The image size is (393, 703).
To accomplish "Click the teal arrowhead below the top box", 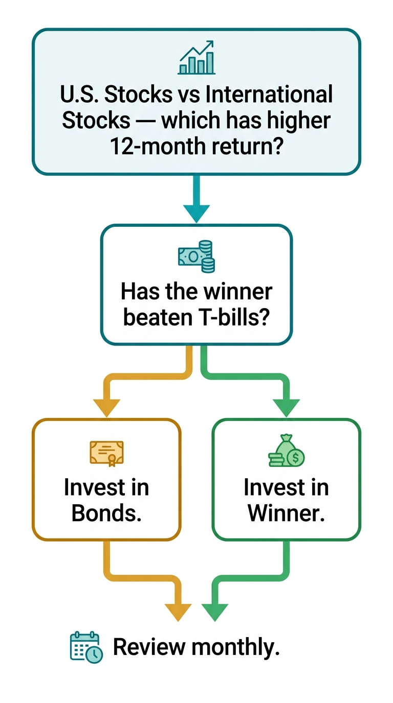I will click(196, 212).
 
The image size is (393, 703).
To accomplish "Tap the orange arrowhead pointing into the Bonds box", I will click(106, 407).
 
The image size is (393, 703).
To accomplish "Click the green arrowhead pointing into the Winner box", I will click(286, 407).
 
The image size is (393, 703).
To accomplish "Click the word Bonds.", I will click(106, 513).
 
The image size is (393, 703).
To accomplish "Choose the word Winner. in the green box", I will click(286, 513).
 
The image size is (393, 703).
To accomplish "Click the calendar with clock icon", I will click(86, 647).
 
